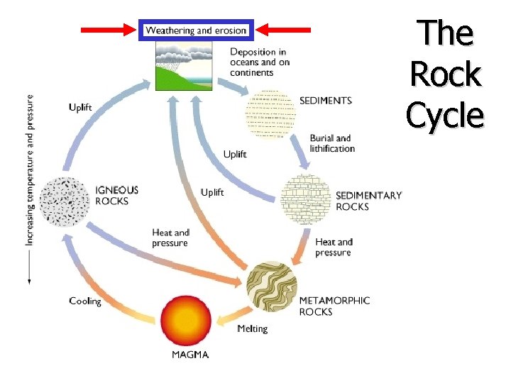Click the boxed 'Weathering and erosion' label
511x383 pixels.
196,30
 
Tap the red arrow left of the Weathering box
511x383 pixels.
109,30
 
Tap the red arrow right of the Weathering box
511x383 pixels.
283,30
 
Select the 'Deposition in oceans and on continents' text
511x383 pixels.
260,62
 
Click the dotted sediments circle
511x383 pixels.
270,112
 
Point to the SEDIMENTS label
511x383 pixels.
326,101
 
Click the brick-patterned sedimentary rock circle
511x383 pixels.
306,199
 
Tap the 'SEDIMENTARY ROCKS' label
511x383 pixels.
368,201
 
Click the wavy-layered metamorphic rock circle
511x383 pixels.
272,287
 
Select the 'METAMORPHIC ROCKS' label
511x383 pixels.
334,306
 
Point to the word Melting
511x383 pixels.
252,328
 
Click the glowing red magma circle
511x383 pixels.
186,321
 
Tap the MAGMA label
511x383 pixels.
190,355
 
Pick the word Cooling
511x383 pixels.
85,301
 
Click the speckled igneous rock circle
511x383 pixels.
65,201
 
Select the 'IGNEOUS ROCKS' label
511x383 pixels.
116,196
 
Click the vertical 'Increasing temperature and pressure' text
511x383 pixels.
31,170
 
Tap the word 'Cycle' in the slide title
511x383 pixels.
445,115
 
